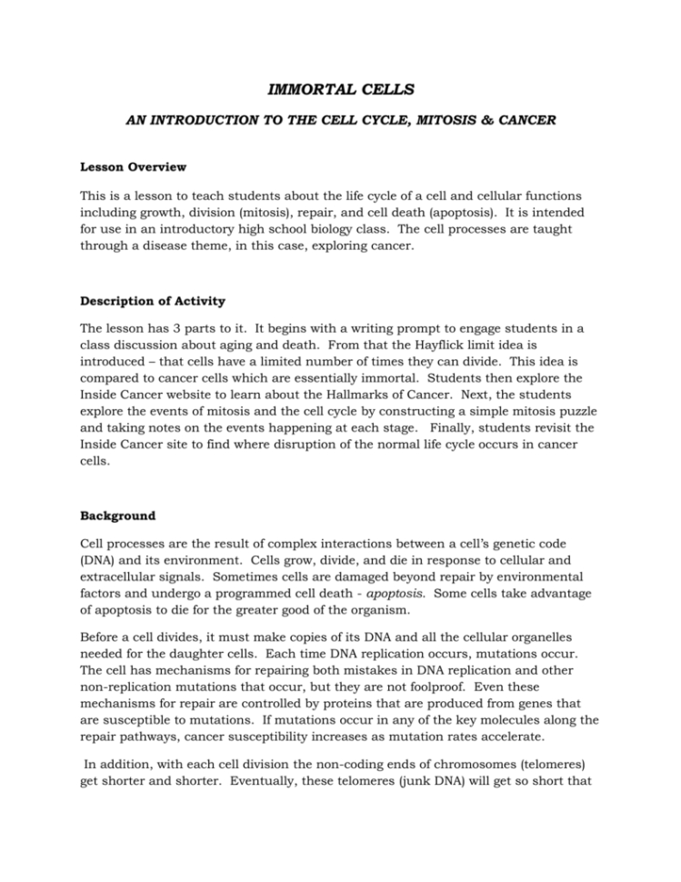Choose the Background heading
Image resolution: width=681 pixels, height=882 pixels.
click(x=117, y=516)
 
